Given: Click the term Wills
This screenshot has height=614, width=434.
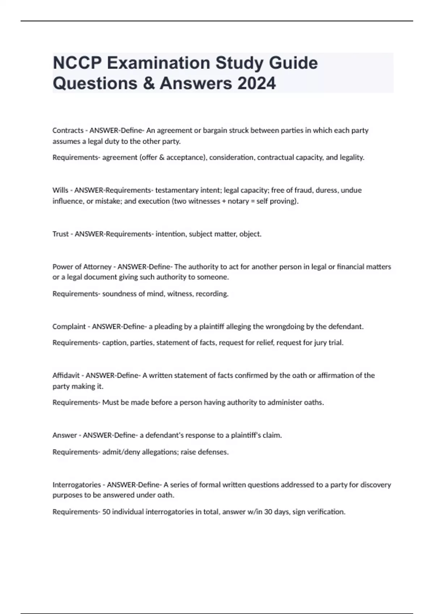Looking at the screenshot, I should tap(60, 190).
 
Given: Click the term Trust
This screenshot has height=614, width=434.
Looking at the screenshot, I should tap(61, 234).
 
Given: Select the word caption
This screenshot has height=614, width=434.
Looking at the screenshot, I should tap(114, 343).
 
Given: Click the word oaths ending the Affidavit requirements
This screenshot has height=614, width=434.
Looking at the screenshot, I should tap(314, 402).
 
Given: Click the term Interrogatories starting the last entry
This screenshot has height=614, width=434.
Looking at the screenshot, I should tap(77, 485).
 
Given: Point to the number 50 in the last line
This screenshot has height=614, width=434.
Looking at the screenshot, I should tap(106, 512).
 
